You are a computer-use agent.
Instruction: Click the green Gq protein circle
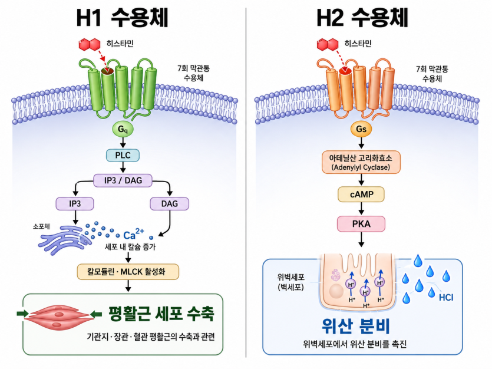tap(123, 129)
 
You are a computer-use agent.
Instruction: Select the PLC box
tap(123, 155)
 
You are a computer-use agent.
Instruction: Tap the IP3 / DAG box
tap(123, 180)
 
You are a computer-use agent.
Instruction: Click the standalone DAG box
tap(170, 203)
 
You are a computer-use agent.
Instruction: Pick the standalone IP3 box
tap(75, 203)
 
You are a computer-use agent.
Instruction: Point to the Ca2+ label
tap(133, 234)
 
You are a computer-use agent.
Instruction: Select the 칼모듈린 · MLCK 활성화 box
tap(128, 272)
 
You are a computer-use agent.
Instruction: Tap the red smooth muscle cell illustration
tap(60, 317)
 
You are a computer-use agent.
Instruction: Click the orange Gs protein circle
tap(361, 129)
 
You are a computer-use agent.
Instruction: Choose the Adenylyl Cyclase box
tap(361, 162)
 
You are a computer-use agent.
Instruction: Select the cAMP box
tap(361, 195)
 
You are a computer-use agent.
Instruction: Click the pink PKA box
tap(361, 224)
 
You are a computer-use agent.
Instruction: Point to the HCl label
tap(446, 297)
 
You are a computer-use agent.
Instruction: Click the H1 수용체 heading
tap(123, 18)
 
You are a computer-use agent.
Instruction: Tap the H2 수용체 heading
tap(362, 18)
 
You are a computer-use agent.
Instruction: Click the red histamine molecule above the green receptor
tap(90, 45)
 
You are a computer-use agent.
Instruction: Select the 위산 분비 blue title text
tap(356, 326)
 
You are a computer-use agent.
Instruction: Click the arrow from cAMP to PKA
tap(361, 209)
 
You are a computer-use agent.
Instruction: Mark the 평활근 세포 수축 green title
tap(161, 314)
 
